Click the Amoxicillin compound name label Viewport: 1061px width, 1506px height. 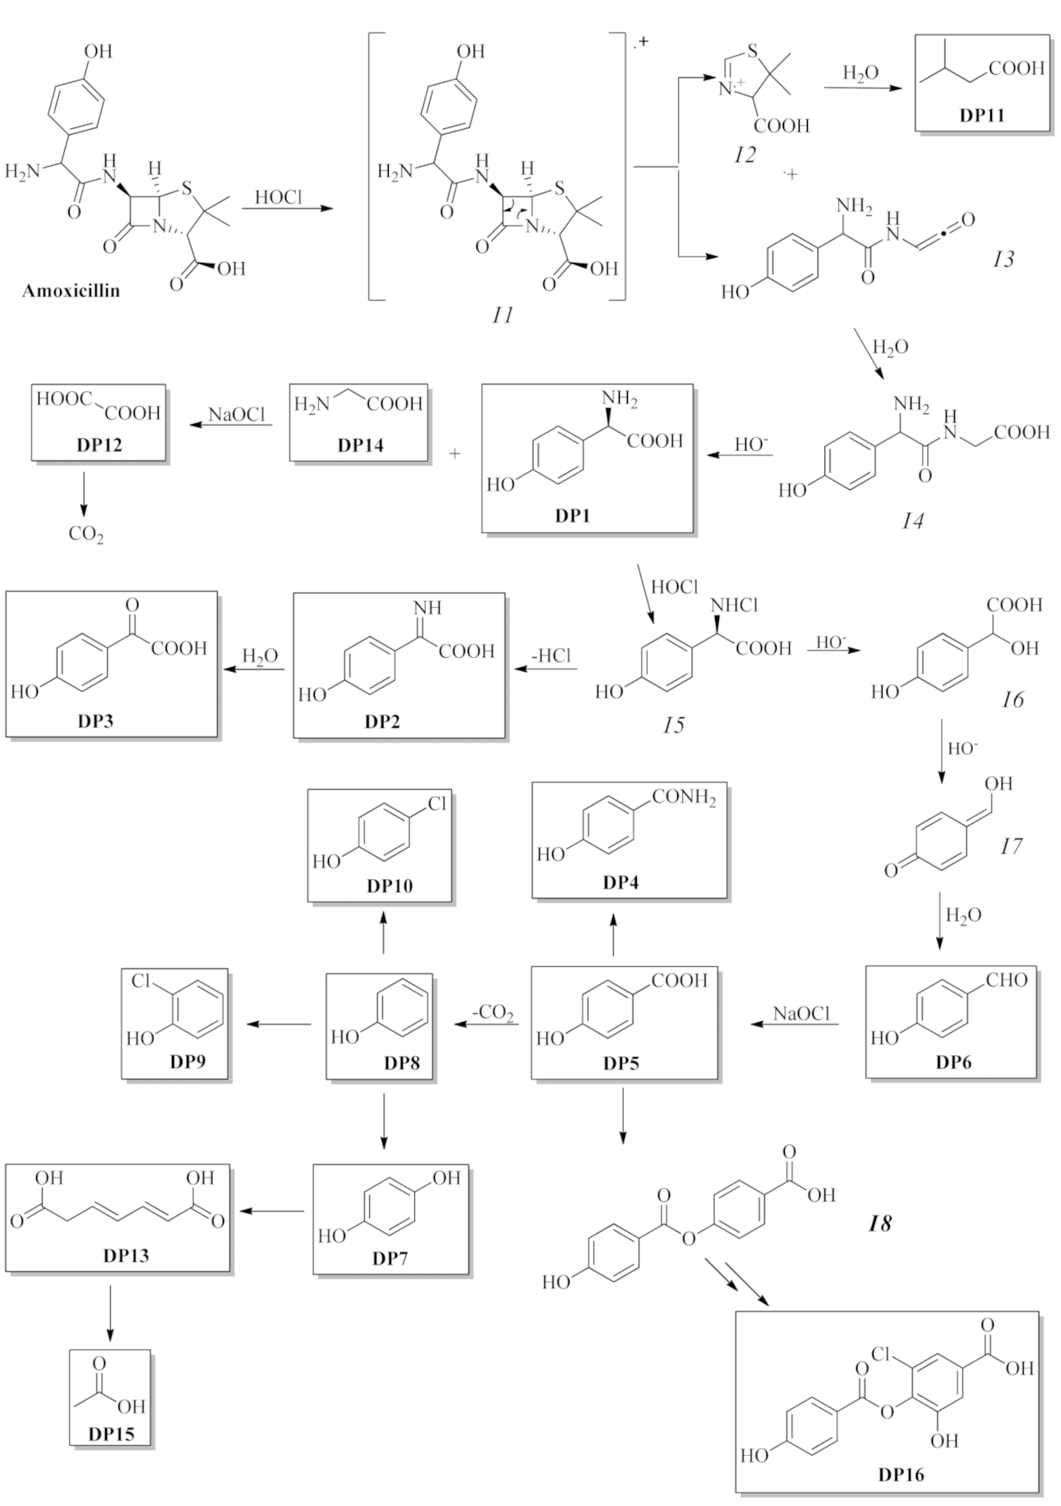coord(71,291)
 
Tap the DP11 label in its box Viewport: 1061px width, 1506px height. coord(981,115)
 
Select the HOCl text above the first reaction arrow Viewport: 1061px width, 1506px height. coord(278,197)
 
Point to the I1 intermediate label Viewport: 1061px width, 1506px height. coord(502,315)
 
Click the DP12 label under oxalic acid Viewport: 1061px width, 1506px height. coord(99,445)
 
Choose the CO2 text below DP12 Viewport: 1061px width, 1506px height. coord(86,535)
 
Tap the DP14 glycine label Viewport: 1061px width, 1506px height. coord(360,445)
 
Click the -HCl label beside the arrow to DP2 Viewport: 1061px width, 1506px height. coord(551,656)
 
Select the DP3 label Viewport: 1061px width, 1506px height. coord(95,721)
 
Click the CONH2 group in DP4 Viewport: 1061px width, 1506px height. coord(685,798)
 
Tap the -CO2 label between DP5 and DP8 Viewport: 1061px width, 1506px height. coord(493,1012)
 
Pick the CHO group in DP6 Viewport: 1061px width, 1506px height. coord(1007,979)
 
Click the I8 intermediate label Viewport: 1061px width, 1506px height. coord(879,1224)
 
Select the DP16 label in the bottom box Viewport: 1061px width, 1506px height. coord(900,1475)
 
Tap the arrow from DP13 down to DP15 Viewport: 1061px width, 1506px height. coord(109,1313)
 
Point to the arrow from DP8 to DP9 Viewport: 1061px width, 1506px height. coord(279,1024)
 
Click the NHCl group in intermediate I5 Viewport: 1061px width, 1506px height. coord(734,606)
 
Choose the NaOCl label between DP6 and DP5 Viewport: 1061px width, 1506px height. coord(801,1014)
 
